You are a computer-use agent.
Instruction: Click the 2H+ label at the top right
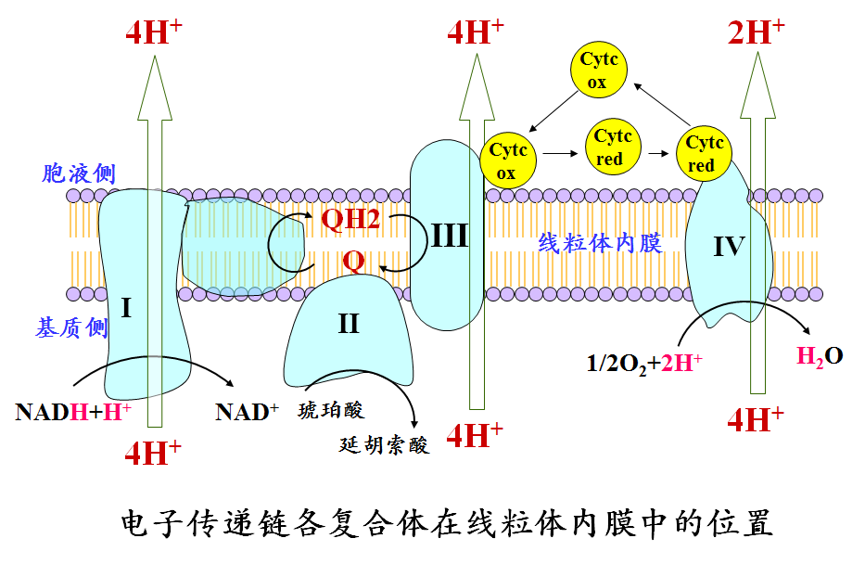(756, 32)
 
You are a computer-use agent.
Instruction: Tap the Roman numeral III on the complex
(450, 236)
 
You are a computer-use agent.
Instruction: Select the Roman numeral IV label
(729, 246)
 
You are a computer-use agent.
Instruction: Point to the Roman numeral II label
(348, 324)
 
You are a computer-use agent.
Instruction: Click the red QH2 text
(350, 219)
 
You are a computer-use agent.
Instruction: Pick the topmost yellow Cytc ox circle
(599, 70)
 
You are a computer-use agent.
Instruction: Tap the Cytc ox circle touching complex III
(507, 160)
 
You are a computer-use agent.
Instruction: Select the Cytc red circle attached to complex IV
(704, 153)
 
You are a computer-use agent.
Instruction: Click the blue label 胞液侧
(79, 173)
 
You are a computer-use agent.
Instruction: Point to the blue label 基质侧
(71, 327)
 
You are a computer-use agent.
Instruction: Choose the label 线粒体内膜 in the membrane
(600, 243)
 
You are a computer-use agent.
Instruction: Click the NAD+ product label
(247, 412)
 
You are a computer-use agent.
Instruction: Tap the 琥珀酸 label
(331, 410)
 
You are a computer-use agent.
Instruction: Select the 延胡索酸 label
(384, 444)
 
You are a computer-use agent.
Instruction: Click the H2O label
(820, 356)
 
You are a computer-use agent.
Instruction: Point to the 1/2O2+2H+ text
(643, 364)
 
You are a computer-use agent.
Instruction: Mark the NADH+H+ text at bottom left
(73, 412)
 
